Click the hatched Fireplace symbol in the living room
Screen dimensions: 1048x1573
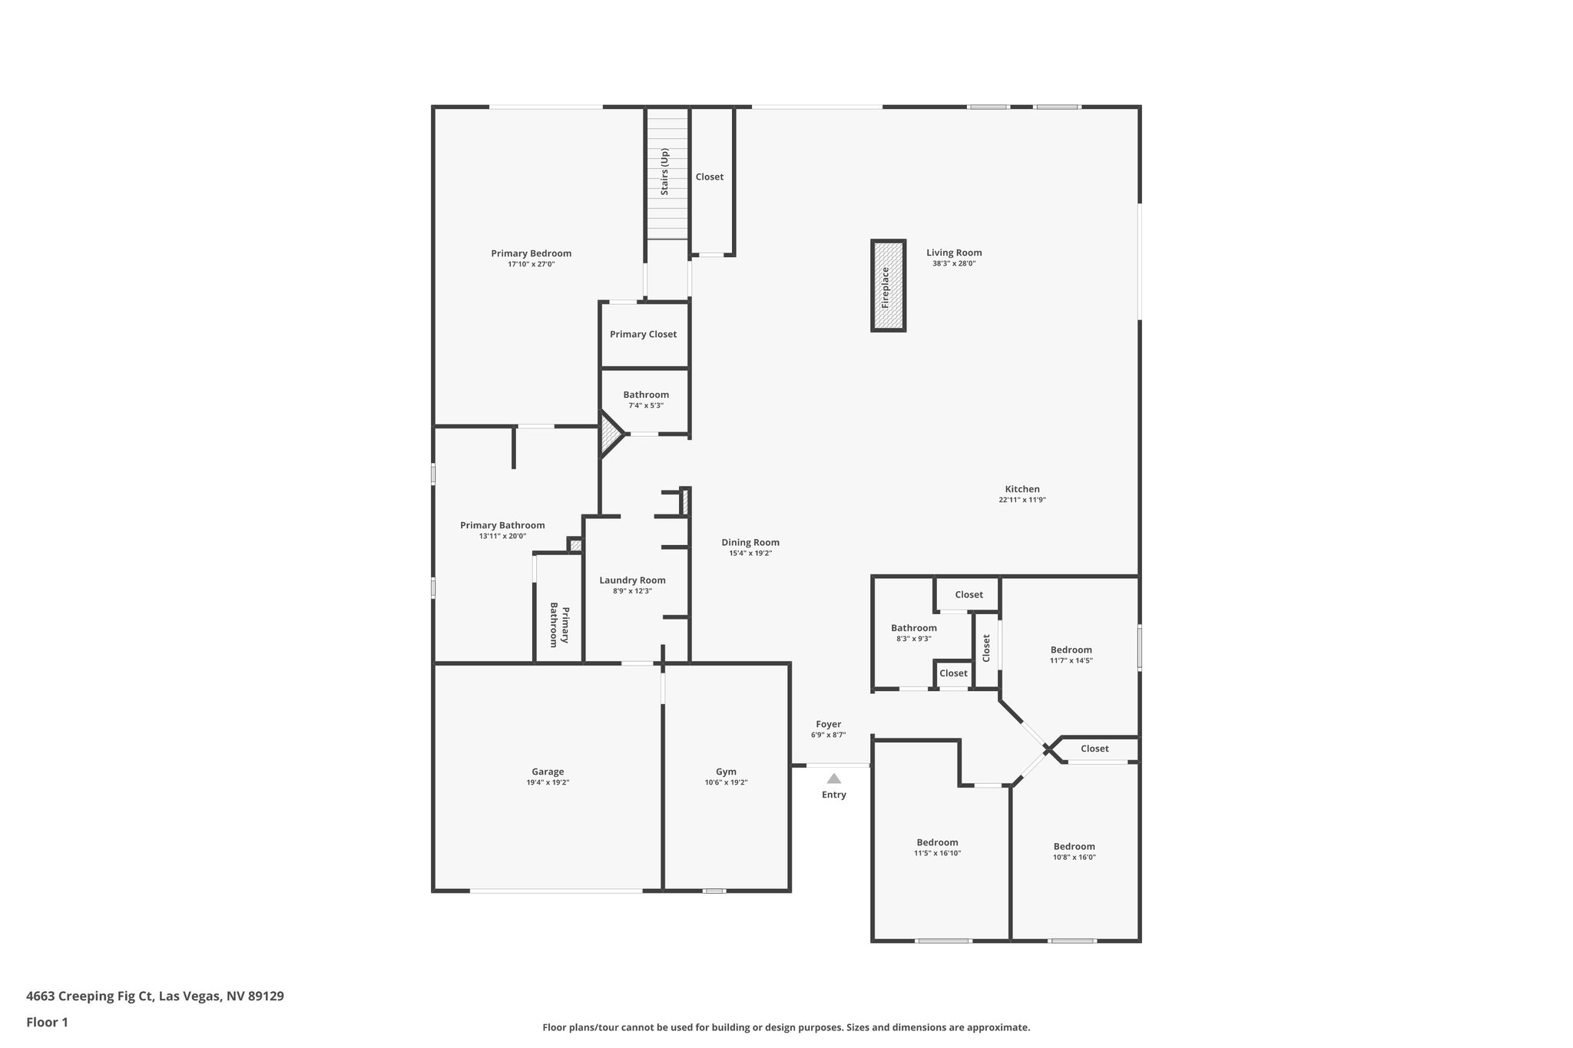tap(888, 286)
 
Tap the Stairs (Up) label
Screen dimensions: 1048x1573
tap(665, 171)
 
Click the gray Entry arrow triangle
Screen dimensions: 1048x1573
tap(833, 779)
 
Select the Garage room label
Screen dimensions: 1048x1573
tap(548, 772)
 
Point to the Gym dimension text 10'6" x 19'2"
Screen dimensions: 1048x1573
tap(726, 782)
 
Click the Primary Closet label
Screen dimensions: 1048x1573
tap(643, 334)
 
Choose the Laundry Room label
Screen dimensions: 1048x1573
tap(632, 580)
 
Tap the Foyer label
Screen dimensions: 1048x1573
tap(828, 724)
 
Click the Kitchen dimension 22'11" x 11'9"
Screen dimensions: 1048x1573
tap(1022, 500)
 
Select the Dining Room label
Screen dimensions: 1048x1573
tap(750, 542)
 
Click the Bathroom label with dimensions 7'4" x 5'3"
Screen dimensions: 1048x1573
tap(646, 395)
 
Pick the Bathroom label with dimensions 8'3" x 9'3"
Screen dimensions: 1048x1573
tap(913, 628)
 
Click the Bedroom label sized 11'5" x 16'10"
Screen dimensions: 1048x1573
tap(937, 842)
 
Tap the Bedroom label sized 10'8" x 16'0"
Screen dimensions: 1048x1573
tap(1074, 846)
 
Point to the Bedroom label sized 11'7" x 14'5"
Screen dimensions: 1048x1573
tap(1071, 650)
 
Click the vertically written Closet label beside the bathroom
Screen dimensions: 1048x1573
tap(987, 648)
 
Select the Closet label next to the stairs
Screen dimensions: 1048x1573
tap(709, 177)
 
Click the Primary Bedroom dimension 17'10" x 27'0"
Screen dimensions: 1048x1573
tap(531, 264)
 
